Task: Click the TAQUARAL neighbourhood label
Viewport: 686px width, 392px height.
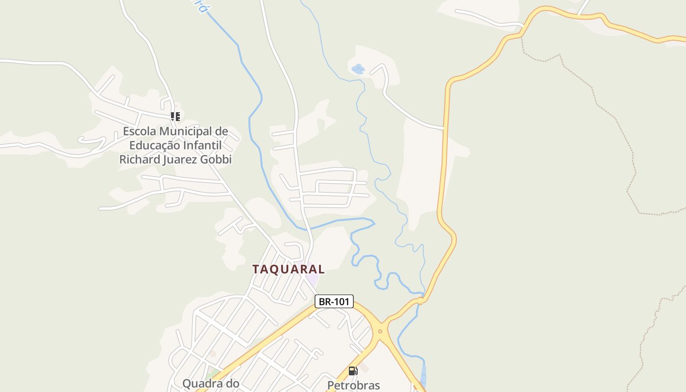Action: pos(288,269)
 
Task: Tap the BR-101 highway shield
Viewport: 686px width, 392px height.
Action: pos(334,301)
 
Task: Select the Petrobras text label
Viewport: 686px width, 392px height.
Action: pos(353,385)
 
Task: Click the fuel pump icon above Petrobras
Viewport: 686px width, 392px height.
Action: pos(353,371)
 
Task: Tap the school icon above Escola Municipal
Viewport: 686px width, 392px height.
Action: pos(175,117)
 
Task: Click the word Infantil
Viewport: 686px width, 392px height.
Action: pos(202,146)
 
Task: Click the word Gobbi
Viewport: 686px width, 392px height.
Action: pos(216,160)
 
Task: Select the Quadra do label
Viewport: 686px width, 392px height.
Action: pos(211,384)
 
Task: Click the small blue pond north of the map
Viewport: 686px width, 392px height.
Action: pos(358,69)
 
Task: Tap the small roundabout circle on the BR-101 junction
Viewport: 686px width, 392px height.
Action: pos(380,331)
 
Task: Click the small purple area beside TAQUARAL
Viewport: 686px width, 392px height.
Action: pos(312,280)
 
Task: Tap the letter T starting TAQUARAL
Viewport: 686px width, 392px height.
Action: pos(256,269)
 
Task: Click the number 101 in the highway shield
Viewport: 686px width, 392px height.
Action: pos(341,301)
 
